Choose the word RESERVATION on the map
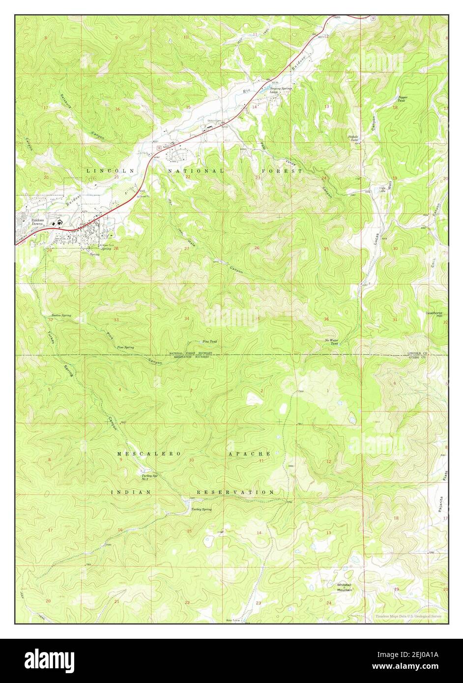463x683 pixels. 235,492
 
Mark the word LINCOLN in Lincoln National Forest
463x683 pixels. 103,171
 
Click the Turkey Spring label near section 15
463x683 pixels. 202,510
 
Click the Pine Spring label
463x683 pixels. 125,347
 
